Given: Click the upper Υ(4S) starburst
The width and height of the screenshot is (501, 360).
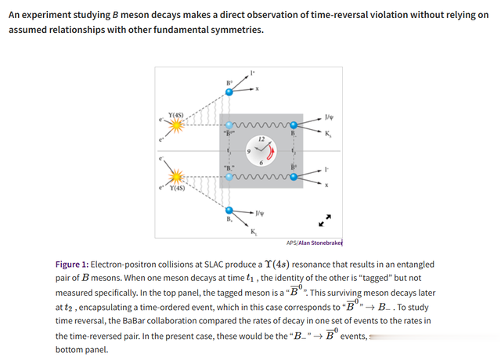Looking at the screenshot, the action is click(x=176, y=125).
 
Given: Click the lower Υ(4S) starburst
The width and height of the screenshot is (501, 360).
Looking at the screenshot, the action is click(x=176, y=177).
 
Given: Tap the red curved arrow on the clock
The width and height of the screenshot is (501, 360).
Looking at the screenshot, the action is click(x=272, y=152).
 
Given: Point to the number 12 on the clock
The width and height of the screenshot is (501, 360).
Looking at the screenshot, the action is click(x=261, y=139).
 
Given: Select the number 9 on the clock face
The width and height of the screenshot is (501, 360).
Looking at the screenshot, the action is click(x=249, y=151).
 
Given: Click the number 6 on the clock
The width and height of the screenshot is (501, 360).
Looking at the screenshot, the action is click(x=261, y=163).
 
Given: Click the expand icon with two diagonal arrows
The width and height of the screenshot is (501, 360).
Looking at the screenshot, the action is click(x=325, y=221).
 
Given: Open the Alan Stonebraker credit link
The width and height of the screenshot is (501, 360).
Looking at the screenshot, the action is click(x=320, y=243).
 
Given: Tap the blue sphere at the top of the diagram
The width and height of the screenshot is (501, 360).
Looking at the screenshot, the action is click(x=229, y=92).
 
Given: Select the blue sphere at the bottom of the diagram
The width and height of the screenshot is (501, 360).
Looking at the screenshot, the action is click(x=229, y=211).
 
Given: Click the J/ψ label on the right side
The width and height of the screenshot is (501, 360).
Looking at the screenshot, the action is click(x=329, y=117).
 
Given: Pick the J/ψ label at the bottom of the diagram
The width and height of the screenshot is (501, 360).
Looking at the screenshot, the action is click(x=260, y=213).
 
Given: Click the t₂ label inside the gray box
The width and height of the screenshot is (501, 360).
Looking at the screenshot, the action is click(x=293, y=150).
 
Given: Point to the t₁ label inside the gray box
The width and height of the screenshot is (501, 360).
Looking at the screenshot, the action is click(x=229, y=150).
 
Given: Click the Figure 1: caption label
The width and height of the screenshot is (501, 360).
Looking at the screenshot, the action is click(x=72, y=265).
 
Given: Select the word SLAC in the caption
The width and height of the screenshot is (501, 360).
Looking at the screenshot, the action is click(x=214, y=265).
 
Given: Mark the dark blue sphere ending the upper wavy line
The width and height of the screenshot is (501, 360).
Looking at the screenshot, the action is click(x=294, y=125).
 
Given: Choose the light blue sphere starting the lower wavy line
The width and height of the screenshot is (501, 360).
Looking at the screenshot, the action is click(x=229, y=177).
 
